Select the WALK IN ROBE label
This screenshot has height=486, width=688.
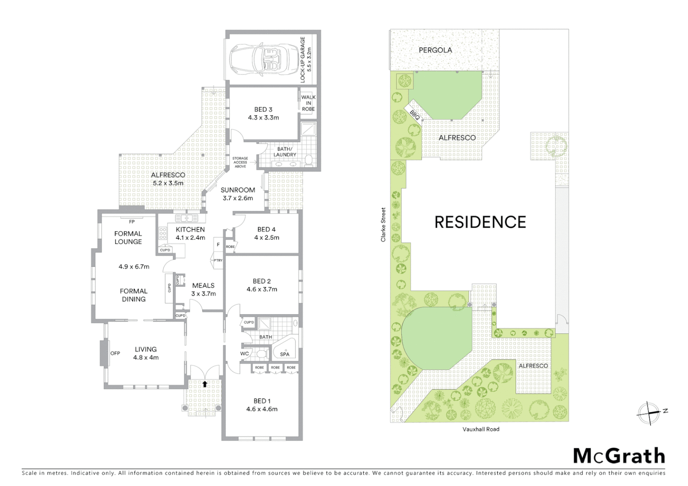tap(308, 103)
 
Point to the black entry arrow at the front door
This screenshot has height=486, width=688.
tap(205, 384)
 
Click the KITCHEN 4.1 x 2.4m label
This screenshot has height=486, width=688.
tap(190, 234)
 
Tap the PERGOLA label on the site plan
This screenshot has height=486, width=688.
tap(435, 50)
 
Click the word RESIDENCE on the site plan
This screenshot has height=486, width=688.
tap(480, 222)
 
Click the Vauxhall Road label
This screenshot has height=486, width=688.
tap(481, 429)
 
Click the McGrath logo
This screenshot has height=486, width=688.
tap(619, 455)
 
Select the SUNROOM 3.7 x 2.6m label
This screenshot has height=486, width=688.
tap(237, 194)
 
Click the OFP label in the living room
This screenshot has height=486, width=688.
tap(115, 353)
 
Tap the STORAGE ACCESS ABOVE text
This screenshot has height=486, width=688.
tap(240, 162)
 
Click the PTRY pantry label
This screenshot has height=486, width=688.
tap(218, 260)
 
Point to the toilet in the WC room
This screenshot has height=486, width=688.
tap(260, 354)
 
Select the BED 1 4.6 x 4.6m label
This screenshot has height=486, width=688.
tap(262, 405)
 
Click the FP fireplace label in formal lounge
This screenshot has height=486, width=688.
tap(131, 222)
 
